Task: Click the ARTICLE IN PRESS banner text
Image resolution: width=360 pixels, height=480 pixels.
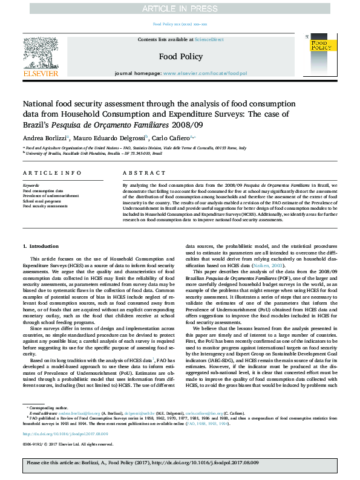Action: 180,8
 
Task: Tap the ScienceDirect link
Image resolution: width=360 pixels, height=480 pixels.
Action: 209,39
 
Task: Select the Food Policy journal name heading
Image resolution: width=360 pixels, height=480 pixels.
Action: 180,56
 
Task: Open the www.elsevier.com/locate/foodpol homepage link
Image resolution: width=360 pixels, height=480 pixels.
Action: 205,73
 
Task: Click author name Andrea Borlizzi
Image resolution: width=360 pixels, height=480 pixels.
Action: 44,138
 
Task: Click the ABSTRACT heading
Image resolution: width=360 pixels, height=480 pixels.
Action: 136,173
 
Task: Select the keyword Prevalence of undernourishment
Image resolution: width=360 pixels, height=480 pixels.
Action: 51,196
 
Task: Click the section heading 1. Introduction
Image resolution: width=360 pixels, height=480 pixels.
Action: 41,247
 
